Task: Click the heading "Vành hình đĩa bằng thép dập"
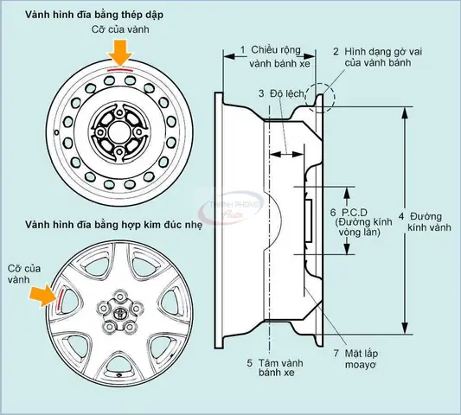click(94, 15)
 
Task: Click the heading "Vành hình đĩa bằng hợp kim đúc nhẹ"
click(114, 225)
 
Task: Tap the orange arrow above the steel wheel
click(120, 54)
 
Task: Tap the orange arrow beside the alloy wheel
click(43, 297)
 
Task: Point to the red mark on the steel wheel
click(120, 71)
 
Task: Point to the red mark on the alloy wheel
click(61, 299)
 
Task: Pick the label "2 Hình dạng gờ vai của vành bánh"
click(377, 57)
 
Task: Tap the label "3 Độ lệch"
click(281, 93)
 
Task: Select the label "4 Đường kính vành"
click(425, 222)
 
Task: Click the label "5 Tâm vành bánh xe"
click(275, 367)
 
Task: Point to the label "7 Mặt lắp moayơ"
click(355, 359)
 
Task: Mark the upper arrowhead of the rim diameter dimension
click(405, 112)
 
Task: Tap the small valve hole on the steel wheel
click(56, 132)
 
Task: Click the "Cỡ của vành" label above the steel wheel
click(120, 29)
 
